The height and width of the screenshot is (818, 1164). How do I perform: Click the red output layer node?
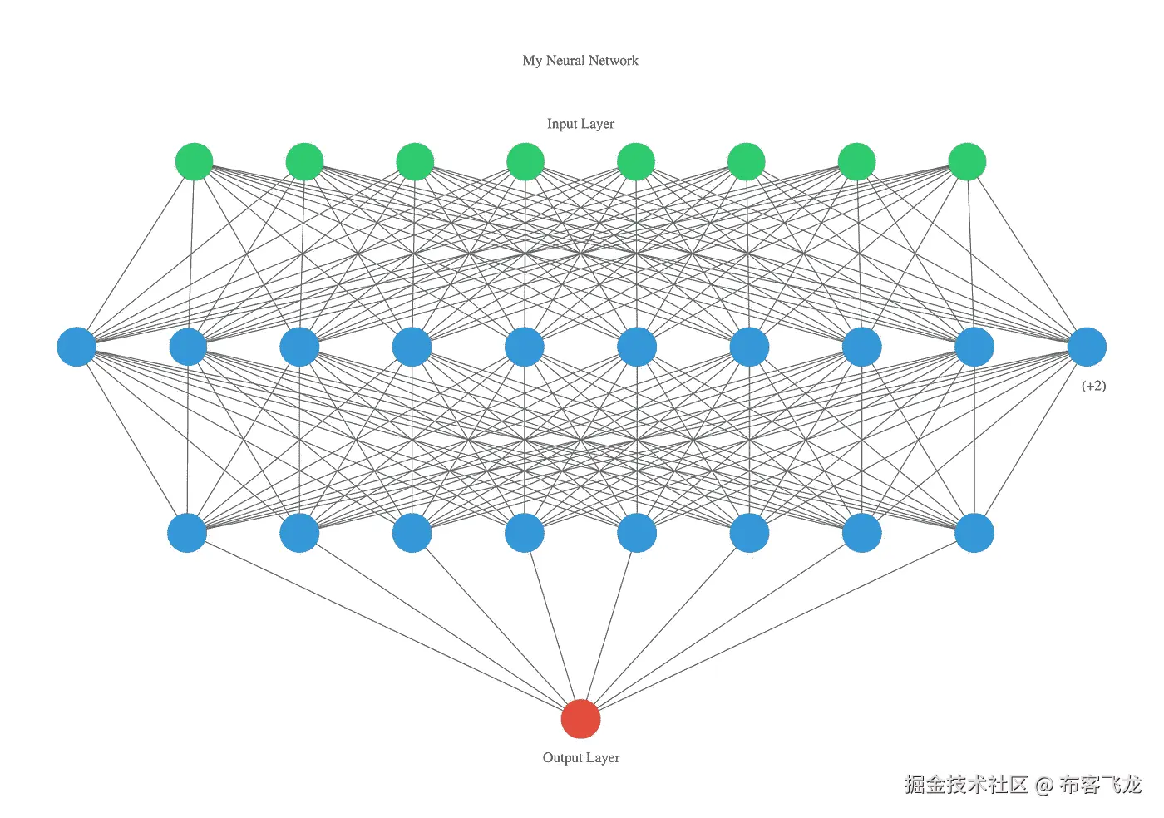click(x=580, y=719)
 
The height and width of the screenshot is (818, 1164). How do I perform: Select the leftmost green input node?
click(x=194, y=161)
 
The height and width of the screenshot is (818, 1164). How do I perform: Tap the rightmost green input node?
click(x=967, y=161)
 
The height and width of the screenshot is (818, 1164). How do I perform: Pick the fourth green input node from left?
click(x=525, y=161)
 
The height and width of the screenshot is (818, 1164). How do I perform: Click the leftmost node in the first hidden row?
click(x=76, y=347)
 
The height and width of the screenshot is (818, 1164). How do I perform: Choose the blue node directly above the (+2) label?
click(x=1087, y=347)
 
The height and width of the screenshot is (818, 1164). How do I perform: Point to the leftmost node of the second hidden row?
click(x=187, y=533)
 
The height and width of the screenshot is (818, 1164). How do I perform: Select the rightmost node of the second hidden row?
click(x=974, y=533)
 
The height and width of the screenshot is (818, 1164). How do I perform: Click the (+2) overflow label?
click(x=1093, y=386)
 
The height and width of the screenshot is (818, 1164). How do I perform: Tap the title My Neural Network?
click(x=580, y=61)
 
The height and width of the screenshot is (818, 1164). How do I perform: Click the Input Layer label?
click(x=580, y=124)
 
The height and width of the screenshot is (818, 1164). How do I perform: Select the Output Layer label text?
click(x=580, y=758)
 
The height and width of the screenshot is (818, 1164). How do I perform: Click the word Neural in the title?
click(x=565, y=61)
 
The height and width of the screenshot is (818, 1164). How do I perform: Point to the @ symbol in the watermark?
click(x=1044, y=785)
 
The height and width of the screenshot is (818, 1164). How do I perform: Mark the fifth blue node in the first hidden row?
click(x=525, y=347)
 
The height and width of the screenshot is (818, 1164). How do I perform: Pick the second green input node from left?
click(x=304, y=161)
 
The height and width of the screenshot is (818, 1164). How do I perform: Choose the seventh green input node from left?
click(x=856, y=161)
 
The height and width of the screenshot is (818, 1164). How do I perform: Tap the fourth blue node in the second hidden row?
click(x=525, y=533)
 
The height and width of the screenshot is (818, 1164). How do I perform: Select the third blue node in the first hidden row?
click(x=300, y=347)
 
